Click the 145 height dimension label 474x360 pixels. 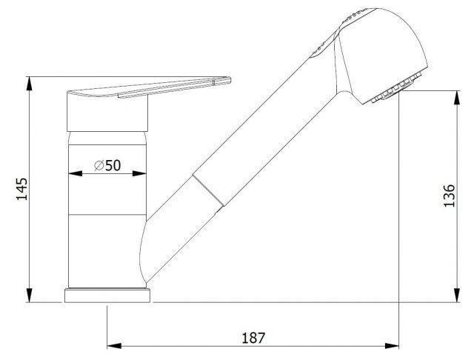[21, 190]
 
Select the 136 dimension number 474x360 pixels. [450, 196]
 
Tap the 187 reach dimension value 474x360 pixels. [253, 338]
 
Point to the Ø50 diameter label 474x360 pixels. [107, 165]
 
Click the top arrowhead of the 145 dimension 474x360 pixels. [30, 84]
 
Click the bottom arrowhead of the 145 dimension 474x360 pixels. [30, 295]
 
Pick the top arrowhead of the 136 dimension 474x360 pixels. [457, 97]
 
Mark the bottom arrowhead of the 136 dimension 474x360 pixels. [457, 295]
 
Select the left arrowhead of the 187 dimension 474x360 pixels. [114, 346]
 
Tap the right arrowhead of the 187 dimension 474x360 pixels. [392, 346]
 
